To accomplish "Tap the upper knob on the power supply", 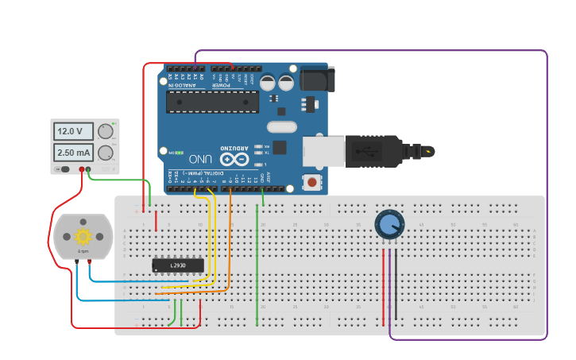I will tap(105, 131).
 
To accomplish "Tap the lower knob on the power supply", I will tap(105, 153).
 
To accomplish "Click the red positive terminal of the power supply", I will tap(81, 169).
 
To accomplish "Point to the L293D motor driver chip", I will tap(177, 265).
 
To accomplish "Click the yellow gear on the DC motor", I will tap(83, 236).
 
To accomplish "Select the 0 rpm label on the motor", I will tap(83, 251).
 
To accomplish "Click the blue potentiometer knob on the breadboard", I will tap(389, 225).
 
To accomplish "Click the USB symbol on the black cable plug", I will tap(369, 150).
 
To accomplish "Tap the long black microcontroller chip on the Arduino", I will tap(212, 102).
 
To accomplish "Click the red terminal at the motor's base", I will tap(90, 261).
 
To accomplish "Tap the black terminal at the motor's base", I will tap(76, 261).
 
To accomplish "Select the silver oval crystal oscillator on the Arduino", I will tap(281, 126).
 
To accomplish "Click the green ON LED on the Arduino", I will tap(179, 152).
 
